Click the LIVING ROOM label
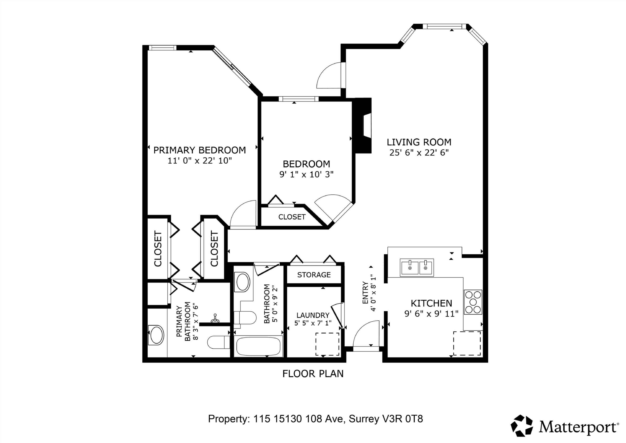pyautogui.click(x=419, y=142)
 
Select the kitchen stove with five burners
pyautogui.click(x=473, y=302)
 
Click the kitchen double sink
pyautogui.click(x=417, y=268)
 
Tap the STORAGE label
pyautogui.click(x=314, y=275)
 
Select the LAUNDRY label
pyautogui.click(x=313, y=315)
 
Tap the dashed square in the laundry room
pyautogui.click(x=327, y=344)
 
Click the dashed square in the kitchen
pyautogui.click(x=467, y=343)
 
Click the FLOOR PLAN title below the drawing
pyautogui.click(x=313, y=374)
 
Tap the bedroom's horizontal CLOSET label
pyautogui.click(x=292, y=217)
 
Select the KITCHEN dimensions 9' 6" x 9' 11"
pyautogui.click(x=431, y=314)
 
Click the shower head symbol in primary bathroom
pyautogui.click(x=215, y=319)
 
